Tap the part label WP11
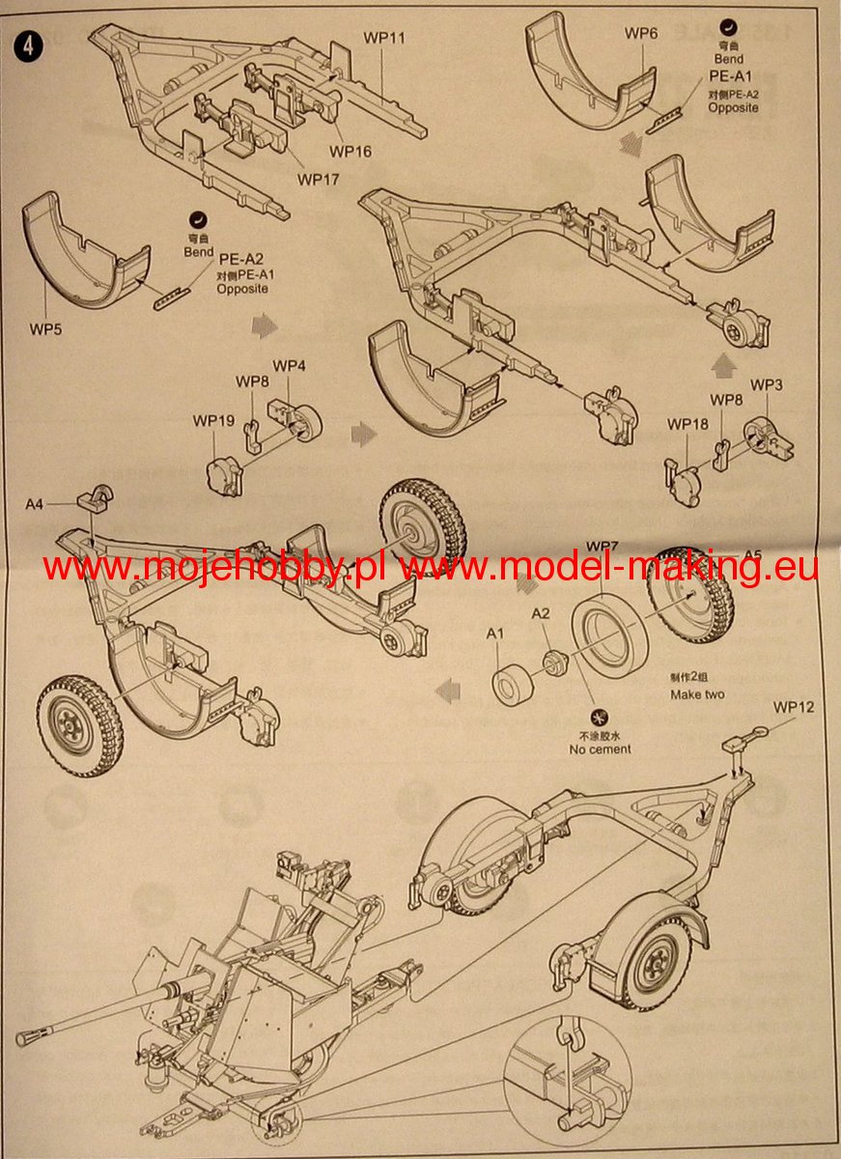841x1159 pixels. coord(384,39)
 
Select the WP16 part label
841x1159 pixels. coord(350,152)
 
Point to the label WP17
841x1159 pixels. coord(318,179)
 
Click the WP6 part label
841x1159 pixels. coord(641,34)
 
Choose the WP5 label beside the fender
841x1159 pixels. coord(47,329)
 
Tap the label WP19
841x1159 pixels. coord(213,421)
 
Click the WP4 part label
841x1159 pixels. coord(289,366)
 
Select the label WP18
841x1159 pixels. coord(687,424)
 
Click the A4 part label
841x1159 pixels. coord(35,503)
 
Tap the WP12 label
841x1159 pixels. coord(794,707)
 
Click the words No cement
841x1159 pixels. coord(600,749)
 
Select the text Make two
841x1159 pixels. coord(698,695)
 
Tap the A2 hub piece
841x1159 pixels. coord(554,663)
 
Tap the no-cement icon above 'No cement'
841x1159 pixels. coord(599,719)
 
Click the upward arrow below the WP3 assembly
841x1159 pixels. coord(718,366)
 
